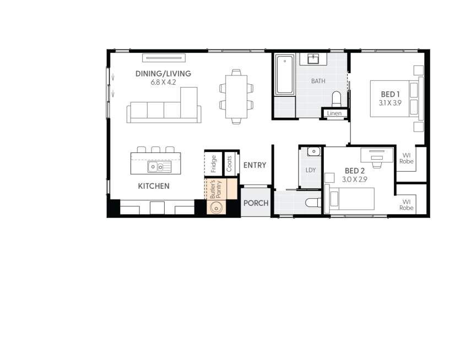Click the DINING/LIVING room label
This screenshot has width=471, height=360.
click(x=164, y=73)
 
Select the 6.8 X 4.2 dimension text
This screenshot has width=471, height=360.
click(x=164, y=82)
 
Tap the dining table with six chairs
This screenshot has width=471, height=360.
click(x=236, y=96)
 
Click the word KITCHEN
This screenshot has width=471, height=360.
click(x=154, y=186)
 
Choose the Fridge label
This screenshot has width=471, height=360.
click(x=213, y=163)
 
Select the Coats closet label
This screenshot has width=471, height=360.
click(x=229, y=163)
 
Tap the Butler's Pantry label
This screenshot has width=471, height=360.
click(x=215, y=189)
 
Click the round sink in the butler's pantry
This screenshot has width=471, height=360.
click(x=216, y=208)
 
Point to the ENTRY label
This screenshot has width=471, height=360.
click(x=255, y=165)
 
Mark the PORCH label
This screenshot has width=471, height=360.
click(x=256, y=203)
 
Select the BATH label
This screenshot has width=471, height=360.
click(x=318, y=81)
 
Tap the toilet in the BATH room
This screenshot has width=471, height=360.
click(x=337, y=99)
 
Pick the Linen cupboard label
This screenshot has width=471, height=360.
click(x=335, y=113)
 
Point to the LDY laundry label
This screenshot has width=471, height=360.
click(x=311, y=170)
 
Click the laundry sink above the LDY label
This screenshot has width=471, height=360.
click(x=312, y=151)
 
